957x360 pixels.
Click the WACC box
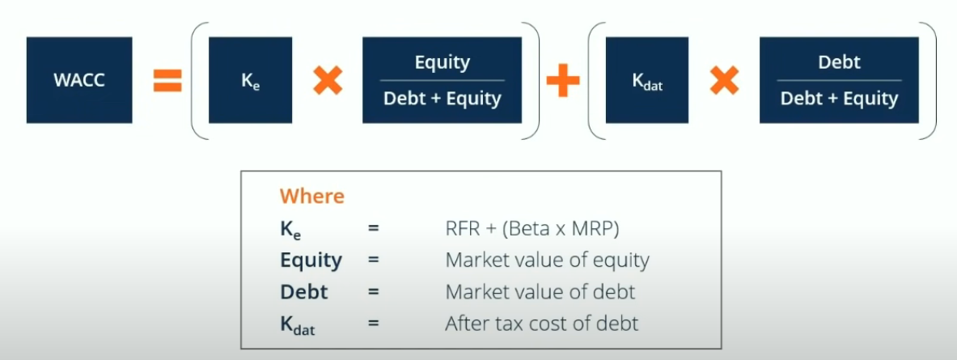(79, 80)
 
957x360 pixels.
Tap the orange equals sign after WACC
(167, 81)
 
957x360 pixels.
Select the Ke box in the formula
(250, 80)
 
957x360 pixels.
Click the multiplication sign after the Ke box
(328, 81)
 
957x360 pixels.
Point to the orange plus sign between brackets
(563, 81)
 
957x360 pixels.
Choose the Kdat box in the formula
(647, 80)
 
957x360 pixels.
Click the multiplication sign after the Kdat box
(725, 81)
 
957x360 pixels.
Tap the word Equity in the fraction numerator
(443, 63)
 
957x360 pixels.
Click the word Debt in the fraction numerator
(839, 62)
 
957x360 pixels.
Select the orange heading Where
(312, 197)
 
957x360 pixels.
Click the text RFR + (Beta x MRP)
(532, 229)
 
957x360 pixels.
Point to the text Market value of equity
(548, 260)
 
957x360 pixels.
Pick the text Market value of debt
(540, 292)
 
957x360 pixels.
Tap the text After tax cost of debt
(542, 324)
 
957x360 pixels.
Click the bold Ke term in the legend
(290, 231)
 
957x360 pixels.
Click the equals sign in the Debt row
(374, 292)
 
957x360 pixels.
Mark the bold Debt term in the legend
(304, 292)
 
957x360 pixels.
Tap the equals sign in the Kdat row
(374, 324)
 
